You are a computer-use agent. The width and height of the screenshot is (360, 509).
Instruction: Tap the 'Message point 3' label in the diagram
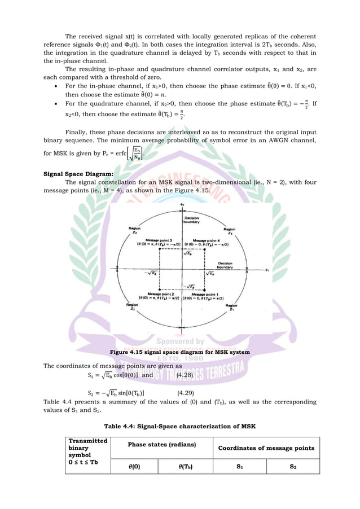tap(152, 240)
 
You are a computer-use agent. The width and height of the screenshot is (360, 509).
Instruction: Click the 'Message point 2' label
tap(152, 294)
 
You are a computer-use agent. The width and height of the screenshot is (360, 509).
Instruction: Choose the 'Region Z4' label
tap(229, 232)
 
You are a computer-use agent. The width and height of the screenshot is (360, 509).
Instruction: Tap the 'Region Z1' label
tap(231, 308)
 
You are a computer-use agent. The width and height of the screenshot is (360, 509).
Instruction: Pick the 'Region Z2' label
tap(131, 308)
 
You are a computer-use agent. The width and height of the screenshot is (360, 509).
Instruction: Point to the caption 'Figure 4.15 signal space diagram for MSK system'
tap(179, 352)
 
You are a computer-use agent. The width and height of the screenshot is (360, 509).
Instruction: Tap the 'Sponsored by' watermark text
tap(179, 341)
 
